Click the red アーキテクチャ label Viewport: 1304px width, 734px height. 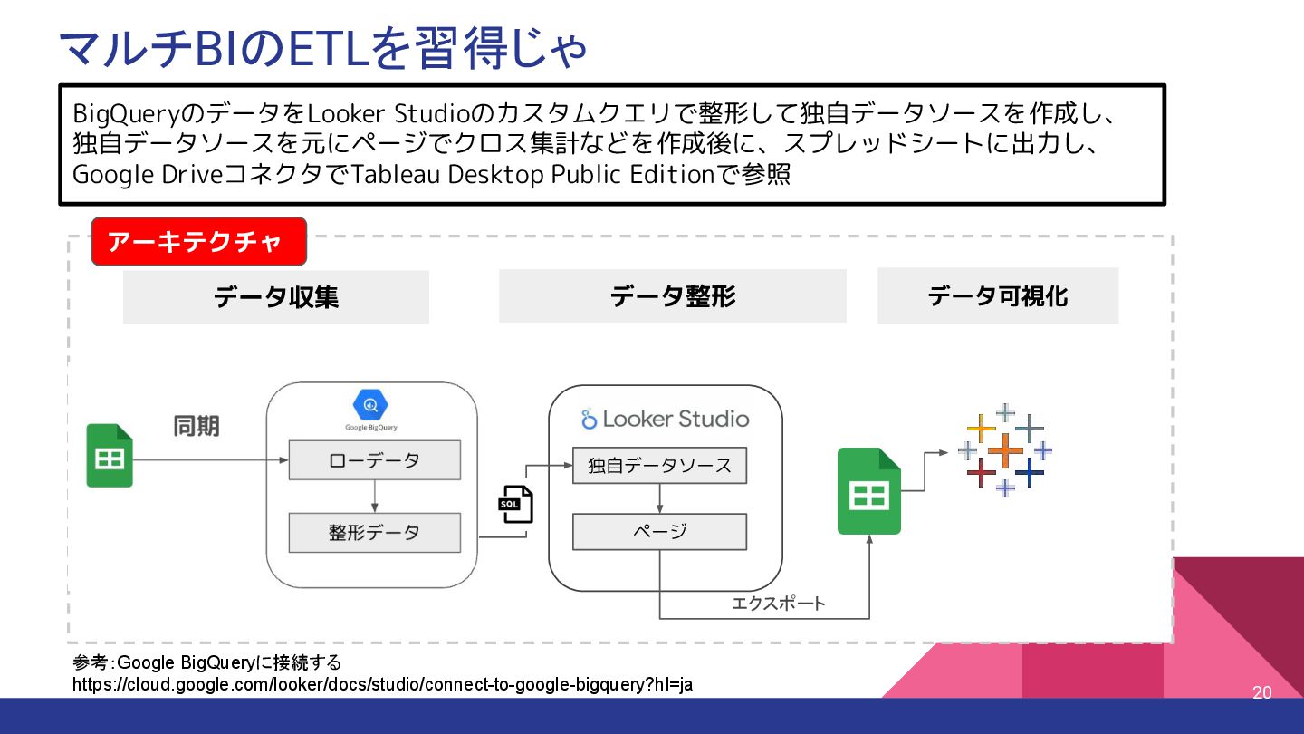tap(198, 241)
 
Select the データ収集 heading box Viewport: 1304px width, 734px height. tap(276, 296)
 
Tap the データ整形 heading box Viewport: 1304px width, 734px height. tap(672, 295)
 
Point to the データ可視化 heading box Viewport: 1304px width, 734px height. tap(997, 295)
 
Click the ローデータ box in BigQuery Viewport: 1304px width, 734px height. tap(374, 460)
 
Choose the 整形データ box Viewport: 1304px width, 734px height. tap(374, 533)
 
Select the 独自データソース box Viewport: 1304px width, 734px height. tap(659, 466)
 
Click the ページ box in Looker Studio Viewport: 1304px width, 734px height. tap(659, 532)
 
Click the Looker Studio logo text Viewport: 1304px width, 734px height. tap(666, 419)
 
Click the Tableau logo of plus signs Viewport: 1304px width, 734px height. tap(1005, 450)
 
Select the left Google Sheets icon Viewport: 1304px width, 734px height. tap(110, 456)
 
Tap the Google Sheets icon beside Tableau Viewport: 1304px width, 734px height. tap(868, 491)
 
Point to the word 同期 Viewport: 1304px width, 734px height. tap(197, 426)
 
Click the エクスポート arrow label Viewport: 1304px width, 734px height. tap(778, 604)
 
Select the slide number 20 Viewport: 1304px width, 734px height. tap(1261, 693)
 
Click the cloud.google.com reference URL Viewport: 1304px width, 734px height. tap(382, 684)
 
